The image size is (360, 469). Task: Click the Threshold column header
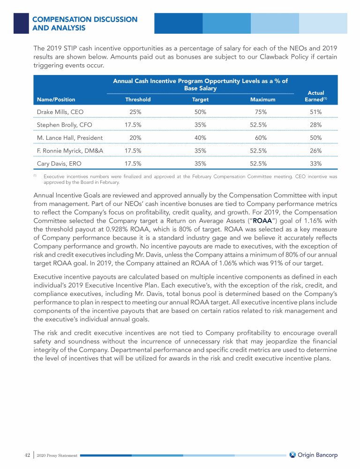[x=138, y=99]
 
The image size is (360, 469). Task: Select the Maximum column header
[x=262, y=99]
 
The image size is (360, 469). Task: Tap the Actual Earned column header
[x=315, y=96]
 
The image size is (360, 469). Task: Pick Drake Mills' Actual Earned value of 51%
[x=315, y=112]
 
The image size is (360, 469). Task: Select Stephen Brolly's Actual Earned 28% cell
[x=315, y=125]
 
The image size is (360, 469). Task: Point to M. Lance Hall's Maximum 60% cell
[x=261, y=138]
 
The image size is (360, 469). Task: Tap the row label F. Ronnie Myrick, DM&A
[x=70, y=151]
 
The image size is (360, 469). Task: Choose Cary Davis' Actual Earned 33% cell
[x=315, y=164]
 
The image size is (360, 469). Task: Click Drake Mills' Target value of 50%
[x=200, y=112]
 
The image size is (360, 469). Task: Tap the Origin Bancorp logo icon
[x=293, y=454]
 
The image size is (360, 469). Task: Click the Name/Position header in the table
[x=56, y=99]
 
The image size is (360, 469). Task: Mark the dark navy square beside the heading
[x=22, y=23]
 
